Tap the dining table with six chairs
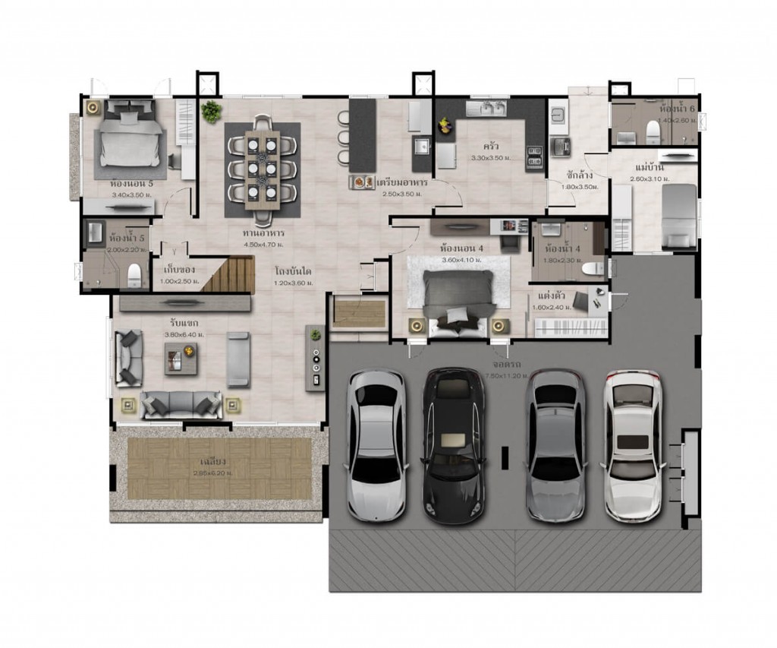[262, 169]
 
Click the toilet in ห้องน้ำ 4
[590, 268]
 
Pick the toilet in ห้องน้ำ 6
[650, 133]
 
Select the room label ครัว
[489, 146]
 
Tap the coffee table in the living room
[181, 359]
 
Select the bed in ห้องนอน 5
[129, 138]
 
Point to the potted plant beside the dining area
[211, 112]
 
